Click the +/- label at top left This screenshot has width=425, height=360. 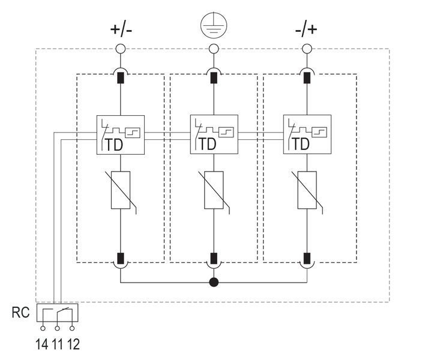click(121, 29)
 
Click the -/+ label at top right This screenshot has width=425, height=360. click(306, 29)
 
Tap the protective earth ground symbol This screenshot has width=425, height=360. click(214, 25)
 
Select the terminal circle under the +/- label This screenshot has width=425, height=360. click(120, 49)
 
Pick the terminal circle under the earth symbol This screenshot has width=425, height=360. click(214, 49)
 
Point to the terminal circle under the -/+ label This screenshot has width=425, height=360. click(307, 49)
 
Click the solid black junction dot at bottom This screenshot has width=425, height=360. click(214, 282)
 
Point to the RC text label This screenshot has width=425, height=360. click(20, 313)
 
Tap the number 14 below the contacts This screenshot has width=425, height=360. click(42, 344)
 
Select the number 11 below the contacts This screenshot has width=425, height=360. click(57, 344)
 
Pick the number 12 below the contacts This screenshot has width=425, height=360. click(73, 344)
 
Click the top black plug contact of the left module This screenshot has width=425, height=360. click(120, 78)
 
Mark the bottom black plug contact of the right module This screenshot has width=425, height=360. click(307, 259)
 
